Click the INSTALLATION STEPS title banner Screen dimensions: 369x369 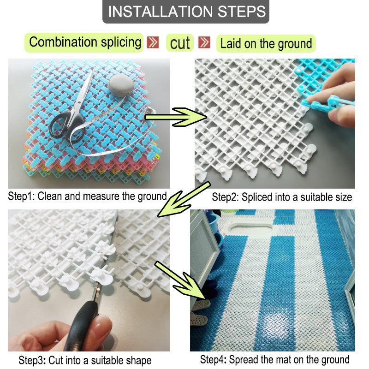click(x=185, y=12)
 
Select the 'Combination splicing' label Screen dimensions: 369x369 click(x=85, y=42)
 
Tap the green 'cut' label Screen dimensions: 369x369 click(x=180, y=43)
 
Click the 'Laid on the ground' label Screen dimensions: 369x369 click(x=266, y=44)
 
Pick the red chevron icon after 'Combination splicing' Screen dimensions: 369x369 click(x=153, y=43)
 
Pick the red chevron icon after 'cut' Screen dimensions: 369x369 click(x=205, y=43)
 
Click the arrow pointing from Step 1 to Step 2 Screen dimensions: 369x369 click(x=178, y=117)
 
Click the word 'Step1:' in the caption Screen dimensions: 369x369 click(x=22, y=196)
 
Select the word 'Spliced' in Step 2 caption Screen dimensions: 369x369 click(x=255, y=197)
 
